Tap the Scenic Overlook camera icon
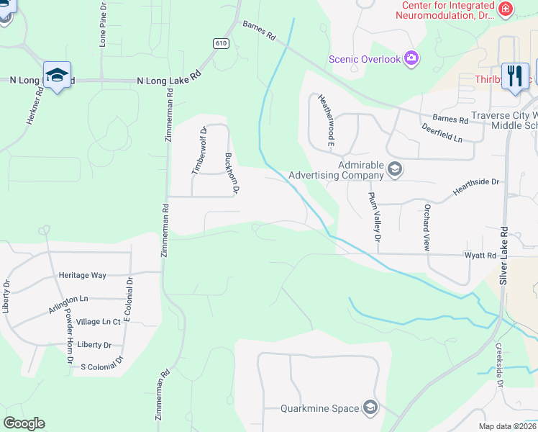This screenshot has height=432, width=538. click(411, 58)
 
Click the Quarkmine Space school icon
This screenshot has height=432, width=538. click(370, 408)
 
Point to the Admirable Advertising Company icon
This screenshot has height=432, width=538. click(394, 170)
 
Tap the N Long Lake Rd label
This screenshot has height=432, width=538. click(169, 81)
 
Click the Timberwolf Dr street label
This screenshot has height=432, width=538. click(199, 150)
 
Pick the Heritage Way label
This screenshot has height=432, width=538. click(82, 275)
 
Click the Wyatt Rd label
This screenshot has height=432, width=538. click(480, 256)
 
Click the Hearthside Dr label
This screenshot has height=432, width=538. click(475, 186)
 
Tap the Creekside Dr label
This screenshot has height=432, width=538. click(498, 364)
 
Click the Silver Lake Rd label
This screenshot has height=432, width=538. click(504, 256)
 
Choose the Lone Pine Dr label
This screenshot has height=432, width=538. click(103, 30)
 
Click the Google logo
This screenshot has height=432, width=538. click(24, 423)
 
